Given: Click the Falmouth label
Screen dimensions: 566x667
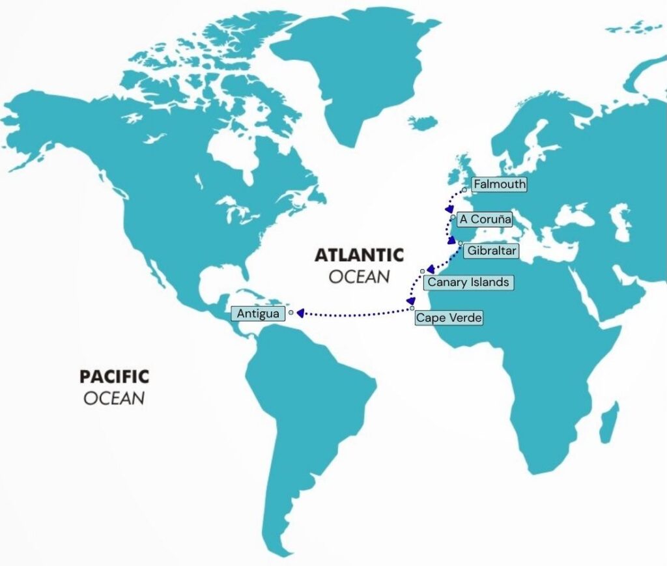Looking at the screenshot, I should coord(500,184).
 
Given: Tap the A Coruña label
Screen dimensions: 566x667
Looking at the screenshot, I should coord(485,219).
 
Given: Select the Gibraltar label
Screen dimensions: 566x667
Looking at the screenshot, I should coord(492,250).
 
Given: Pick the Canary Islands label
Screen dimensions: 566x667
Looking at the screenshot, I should coord(468,283).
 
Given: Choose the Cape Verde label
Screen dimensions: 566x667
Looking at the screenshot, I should coord(449,318).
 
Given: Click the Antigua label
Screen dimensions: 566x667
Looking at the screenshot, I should coord(258,314).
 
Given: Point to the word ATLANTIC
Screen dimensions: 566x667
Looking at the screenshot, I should coord(359,255).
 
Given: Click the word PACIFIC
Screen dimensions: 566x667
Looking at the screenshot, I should coord(114,376).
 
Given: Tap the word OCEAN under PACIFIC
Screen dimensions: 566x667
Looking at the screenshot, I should coord(114,398).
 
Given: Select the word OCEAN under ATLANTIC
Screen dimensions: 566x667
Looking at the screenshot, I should coord(359,277).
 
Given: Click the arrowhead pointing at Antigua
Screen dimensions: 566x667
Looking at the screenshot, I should coord(300,313).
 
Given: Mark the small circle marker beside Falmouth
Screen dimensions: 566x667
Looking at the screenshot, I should coord(464,190).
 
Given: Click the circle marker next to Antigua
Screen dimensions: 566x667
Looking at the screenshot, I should coord(291,312).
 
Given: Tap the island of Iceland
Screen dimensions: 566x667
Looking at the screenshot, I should coord(423,122).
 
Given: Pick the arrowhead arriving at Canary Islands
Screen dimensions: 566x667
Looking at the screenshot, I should coord(431,268).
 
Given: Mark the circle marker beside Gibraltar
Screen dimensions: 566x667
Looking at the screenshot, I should coord(461,244).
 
